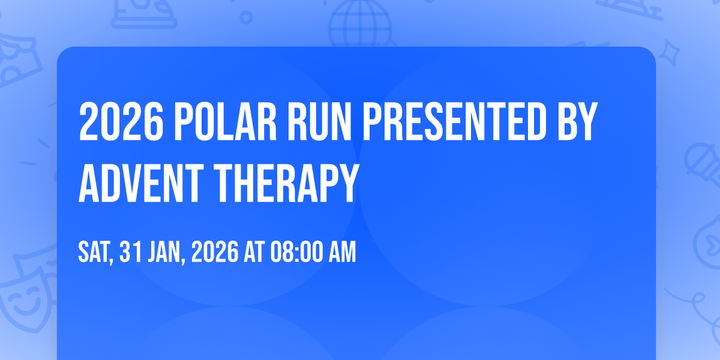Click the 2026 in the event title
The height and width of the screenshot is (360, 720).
click(x=121, y=121)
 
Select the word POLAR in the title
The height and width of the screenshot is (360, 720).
click(x=226, y=121)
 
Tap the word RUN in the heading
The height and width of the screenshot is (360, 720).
click(x=319, y=121)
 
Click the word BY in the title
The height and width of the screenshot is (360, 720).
click(x=578, y=121)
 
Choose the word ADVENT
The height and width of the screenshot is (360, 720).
click(x=141, y=183)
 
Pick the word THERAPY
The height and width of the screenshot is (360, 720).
click(x=286, y=183)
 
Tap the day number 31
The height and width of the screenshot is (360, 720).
click(x=131, y=252)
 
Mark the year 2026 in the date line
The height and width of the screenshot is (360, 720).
click(x=215, y=252)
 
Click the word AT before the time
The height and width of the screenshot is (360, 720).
click(x=254, y=252)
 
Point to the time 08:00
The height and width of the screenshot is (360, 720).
click(x=296, y=252)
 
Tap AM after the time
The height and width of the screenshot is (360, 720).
click(x=343, y=252)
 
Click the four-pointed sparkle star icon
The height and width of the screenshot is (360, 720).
click(x=669, y=53)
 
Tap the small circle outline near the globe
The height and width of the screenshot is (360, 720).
click(x=246, y=17)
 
